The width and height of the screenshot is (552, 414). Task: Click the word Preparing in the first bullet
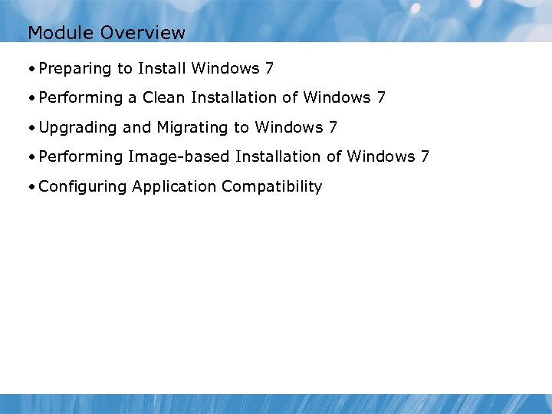tap(74, 69)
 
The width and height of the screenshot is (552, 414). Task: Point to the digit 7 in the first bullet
tap(269, 68)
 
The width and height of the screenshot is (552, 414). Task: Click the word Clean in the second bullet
tap(164, 97)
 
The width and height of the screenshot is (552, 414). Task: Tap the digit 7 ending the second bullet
tap(381, 97)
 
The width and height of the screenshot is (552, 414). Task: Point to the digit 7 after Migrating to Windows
tap(333, 127)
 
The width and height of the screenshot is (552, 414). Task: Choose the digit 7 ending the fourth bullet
tap(425, 156)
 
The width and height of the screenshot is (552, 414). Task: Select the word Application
tap(174, 186)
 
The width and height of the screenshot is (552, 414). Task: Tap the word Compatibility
tap(271, 186)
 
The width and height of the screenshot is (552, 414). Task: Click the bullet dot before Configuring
tap(31, 186)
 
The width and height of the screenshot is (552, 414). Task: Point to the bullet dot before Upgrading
tap(31, 127)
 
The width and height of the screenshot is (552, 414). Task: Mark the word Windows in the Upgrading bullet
tap(289, 127)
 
